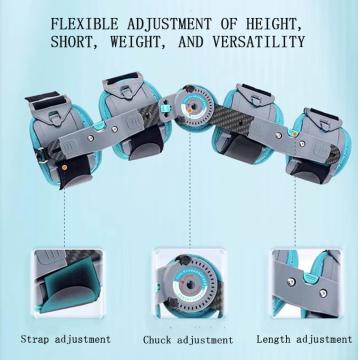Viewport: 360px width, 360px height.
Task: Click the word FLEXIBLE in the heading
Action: point(85,24)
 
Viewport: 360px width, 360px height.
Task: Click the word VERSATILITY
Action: point(259,42)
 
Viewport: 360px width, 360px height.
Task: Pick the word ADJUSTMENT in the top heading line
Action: point(169,24)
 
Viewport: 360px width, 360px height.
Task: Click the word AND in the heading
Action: point(190,42)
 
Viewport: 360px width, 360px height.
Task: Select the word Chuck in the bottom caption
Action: point(158,340)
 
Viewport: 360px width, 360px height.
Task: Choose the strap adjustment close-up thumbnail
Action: point(68,282)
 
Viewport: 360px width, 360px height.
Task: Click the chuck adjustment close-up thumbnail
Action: point(189,283)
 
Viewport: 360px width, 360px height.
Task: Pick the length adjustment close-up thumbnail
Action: point(306,283)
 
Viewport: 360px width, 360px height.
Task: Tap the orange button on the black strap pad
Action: point(64,167)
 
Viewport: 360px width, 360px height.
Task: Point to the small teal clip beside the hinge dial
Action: point(163,108)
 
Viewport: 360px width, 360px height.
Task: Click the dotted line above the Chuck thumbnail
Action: point(190,189)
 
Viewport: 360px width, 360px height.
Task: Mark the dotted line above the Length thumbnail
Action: point(295,212)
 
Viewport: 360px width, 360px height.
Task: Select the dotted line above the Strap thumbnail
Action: point(64,218)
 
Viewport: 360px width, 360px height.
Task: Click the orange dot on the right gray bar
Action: point(295,134)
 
